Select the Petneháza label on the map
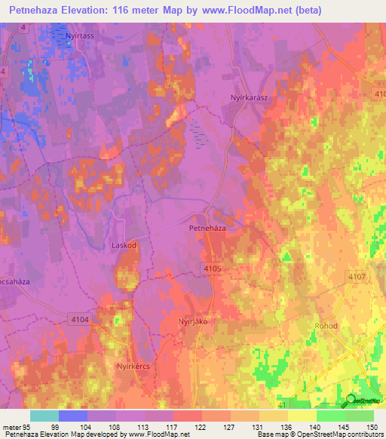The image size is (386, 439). pyautogui.click(x=207, y=226)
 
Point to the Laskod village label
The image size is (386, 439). pyautogui.click(x=124, y=245)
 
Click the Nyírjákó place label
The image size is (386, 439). pyautogui.click(x=192, y=321)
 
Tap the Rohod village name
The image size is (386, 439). pyautogui.click(x=326, y=326)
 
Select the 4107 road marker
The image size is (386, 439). pyautogui.click(x=357, y=277)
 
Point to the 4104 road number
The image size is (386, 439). pyautogui.click(x=80, y=320)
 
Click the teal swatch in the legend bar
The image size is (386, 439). pyautogui.click(x=44, y=416)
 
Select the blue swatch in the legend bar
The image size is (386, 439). pyautogui.click(x=73, y=416)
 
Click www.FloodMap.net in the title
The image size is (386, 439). pyautogui.click(x=247, y=11)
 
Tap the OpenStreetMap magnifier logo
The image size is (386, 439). pyautogui.click(x=350, y=401)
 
